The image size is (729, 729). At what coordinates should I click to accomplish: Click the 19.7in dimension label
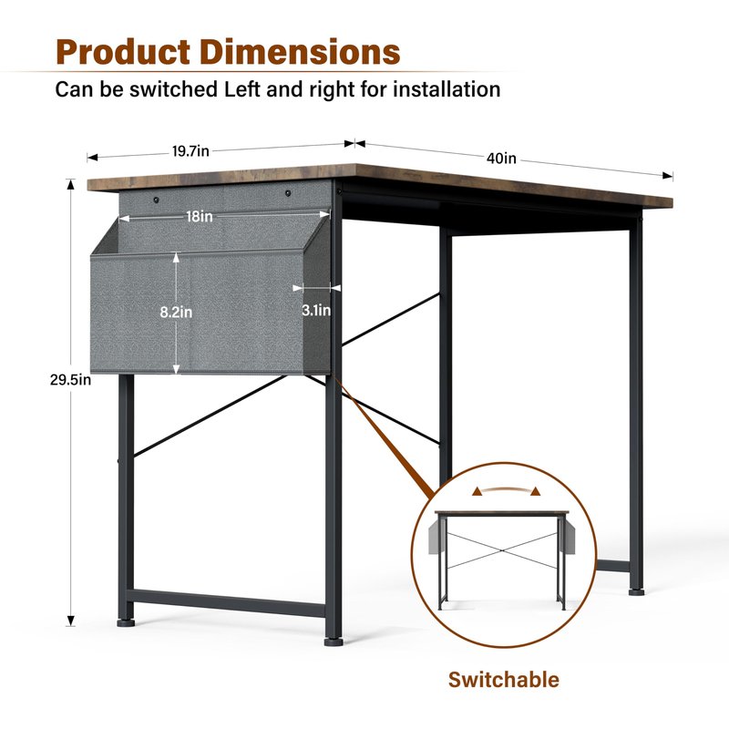[190, 151]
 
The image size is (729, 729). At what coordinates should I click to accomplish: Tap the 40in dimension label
[501, 159]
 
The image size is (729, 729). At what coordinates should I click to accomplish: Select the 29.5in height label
[71, 380]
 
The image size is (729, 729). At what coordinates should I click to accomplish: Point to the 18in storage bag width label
[200, 216]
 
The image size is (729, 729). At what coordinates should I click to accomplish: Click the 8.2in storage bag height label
[176, 312]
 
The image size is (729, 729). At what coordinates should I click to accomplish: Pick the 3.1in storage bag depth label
[316, 310]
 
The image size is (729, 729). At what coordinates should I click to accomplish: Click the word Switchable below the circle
[504, 680]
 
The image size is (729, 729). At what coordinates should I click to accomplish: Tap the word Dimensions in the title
[300, 52]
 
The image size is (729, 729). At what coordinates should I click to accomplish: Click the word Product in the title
[123, 52]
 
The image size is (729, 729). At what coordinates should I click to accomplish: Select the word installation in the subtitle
[447, 89]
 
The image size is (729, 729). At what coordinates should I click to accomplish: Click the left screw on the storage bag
[156, 200]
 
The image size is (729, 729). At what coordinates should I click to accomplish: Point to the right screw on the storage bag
[288, 192]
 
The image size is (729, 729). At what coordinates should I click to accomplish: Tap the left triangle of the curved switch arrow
[477, 491]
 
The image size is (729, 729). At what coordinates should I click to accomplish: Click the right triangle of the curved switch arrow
[536, 491]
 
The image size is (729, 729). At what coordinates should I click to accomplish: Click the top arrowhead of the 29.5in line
[71, 185]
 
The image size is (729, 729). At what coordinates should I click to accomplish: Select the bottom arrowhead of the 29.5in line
[71, 621]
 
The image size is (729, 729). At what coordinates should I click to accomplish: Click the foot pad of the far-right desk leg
[636, 591]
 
